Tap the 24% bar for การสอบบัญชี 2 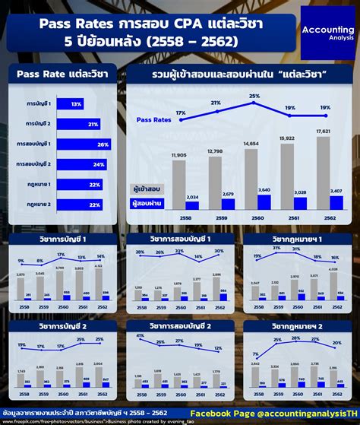click(81, 163)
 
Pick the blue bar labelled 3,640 click(264, 202)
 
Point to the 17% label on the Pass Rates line click(181, 113)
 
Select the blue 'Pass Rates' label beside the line click(154, 119)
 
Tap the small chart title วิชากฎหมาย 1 click(298, 239)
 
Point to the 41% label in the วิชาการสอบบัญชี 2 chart click(139, 335)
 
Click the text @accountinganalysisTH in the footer click(298, 413)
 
